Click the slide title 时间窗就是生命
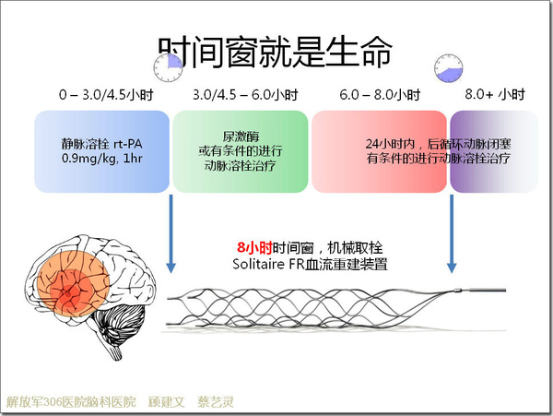(x=275, y=52)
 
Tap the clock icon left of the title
(x=169, y=67)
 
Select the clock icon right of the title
(x=449, y=68)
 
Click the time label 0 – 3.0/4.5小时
(x=106, y=95)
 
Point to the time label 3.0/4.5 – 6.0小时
(x=245, y=95)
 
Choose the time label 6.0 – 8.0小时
(x=380, y=95)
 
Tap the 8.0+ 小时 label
(x=495, y=94)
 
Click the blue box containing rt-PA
(x=102, y=151)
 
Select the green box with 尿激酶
(x=241, y=151)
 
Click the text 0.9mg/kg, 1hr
(x=102, y=159)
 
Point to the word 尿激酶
(x=241, y=137)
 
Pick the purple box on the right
(x=494, y=151)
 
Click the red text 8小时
(x=254, y=248)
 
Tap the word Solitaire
(x=258, y=264)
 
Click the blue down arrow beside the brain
(x=171, y=233)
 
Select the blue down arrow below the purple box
(x=452, y=233)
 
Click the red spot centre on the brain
(x=68, y=292)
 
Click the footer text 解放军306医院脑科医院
(x=71, y=402)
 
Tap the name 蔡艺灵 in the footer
(x=216, y=402)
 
